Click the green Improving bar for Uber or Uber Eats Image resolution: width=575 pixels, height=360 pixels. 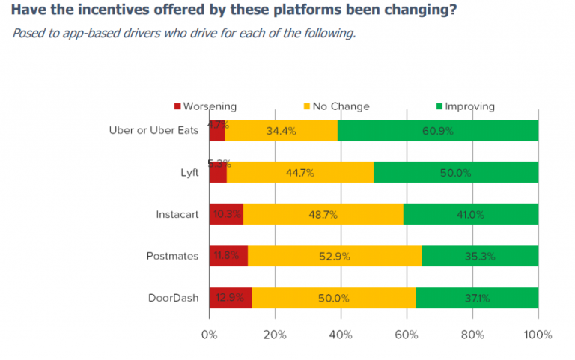pyautogui.click(x=438, y=130)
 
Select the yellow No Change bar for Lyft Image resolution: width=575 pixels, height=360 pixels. pyautogui.click(x=299, y=172)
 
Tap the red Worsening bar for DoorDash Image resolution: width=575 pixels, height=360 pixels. pyautogui.click(x=230, y=298)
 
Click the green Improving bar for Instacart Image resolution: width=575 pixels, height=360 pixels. pyautogui.click(x=471, y=214)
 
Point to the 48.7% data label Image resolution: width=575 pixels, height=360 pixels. pyautogui.click(x=323, y=215)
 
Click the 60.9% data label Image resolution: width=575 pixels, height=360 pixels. pyautogui.click(x=438, y=131)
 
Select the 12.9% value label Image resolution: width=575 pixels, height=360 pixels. pyautogui.click(x=229, y=298)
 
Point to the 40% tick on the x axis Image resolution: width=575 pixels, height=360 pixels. pyautogui.click(x=341, y=334)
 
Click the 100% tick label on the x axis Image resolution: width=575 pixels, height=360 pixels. pyautogui.click(x=538, y=334)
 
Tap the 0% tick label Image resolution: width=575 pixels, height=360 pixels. pyautogui.click(x=210, y=334)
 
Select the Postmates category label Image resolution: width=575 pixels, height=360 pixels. pyautogui.click(x=173, y=256)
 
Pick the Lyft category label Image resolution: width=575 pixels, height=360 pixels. pyautogui.click(x=188, y=172)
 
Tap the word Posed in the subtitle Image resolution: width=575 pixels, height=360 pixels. pyautogui.click(x=27, y=34)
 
